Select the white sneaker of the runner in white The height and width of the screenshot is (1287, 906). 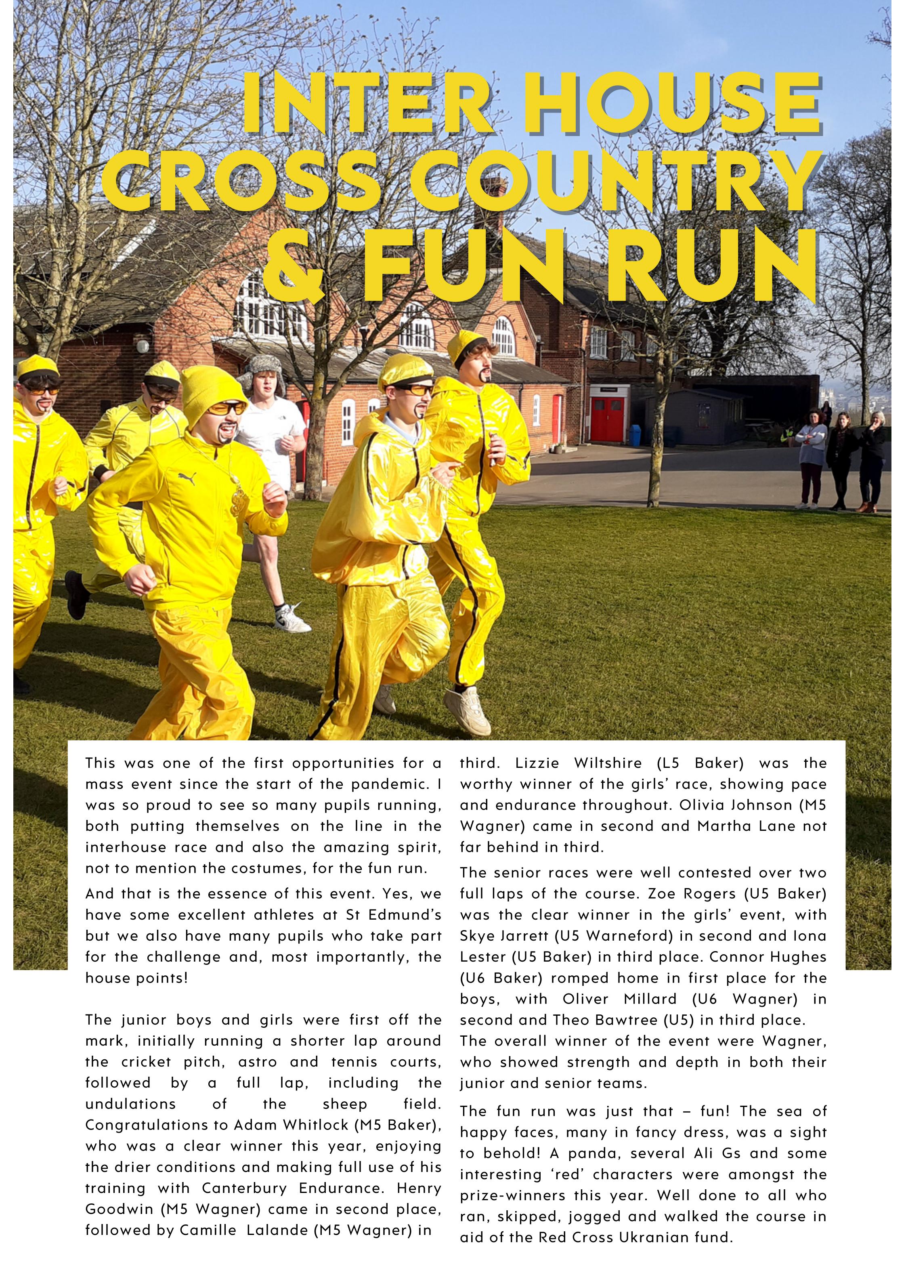pyautogui.click(x=292, y=617)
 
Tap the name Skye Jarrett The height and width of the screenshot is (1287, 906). pyautogui.click(x=502, y=935)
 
